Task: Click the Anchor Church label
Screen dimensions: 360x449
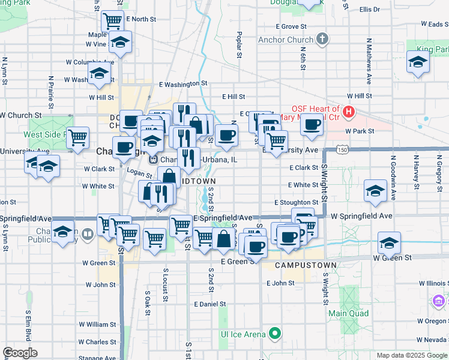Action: [286, 40]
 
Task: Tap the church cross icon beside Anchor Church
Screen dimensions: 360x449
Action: [323, 40]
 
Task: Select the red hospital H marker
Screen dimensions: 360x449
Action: [349, 112]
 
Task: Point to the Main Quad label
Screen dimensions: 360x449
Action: [348, 313]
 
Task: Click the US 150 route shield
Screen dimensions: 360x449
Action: [340, 149]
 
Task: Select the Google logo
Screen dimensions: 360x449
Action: [20, 353]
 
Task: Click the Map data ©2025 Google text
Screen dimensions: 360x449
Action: [411, 355]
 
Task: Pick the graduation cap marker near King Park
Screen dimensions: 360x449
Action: [418, 62]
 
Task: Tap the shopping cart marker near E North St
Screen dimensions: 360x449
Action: [112, 21]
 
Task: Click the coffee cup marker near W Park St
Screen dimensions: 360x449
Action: [312, 124]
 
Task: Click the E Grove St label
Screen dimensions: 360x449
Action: [291, 26]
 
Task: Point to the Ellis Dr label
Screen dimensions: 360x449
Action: [369, 10]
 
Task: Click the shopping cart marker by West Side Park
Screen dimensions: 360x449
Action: [78, 137]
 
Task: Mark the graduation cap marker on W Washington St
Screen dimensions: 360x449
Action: [99, 74]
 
